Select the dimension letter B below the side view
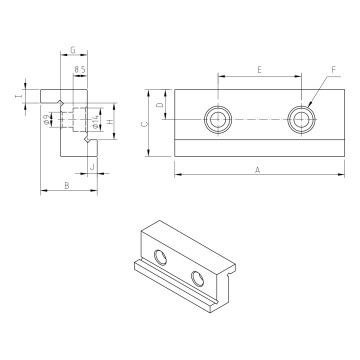pos(66,186)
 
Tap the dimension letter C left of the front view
pos(145,124)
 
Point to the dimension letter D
pos(160,105)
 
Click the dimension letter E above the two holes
pos(258,70)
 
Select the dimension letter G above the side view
pos(73,49)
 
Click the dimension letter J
pos(91,166)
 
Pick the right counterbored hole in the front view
pos(299,120)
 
